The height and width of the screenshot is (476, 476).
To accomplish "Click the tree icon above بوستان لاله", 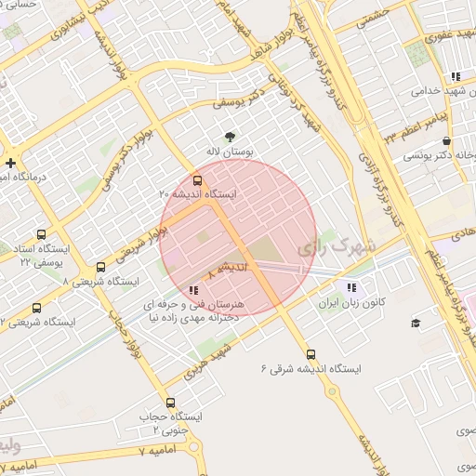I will pyautogui.click(x=218, y=136).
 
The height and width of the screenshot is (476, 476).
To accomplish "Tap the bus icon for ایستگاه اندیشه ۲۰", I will pyautogui.click(x=197, y=179).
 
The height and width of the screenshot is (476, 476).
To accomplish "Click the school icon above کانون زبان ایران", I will pyautogui.click(x=350, y=287).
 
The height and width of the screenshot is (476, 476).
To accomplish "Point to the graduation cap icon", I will pyautogui.click(x=415, y=323).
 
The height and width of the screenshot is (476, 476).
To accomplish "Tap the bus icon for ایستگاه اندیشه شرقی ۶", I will pyautogui.click(x=311, y=353).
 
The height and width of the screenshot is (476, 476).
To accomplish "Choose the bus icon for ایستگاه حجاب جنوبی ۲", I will pyautogui.click(x=169, y=403).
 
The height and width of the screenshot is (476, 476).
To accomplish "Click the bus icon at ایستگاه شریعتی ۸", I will pyautogui.click(x=99, y=265).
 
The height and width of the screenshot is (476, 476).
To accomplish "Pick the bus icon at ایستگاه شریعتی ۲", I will pyautogui.click(x=36, y=308).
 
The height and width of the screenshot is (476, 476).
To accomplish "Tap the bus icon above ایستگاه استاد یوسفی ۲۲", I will pyautogui.click(x=40, y=235).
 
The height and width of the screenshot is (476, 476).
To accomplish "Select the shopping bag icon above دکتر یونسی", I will pyautogui.click(x=421, y=140).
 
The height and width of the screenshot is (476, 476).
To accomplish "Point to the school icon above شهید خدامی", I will pyautogui.click(x=455, y=76).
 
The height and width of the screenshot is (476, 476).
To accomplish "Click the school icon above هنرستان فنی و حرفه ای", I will pyautogui.click(x=192, y=291).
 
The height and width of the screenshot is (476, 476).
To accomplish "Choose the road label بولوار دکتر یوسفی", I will pyautogui.click(x=129, y=163).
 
